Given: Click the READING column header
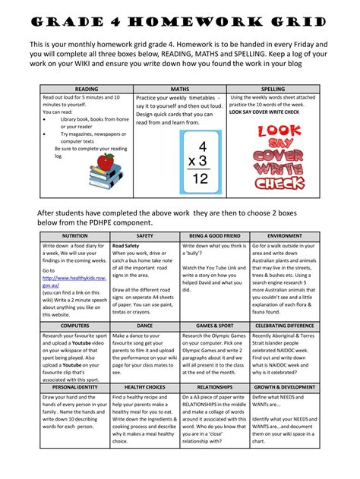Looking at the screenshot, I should [87, 90].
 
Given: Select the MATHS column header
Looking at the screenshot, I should [180, 90].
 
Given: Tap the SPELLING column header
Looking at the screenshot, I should [273, 90].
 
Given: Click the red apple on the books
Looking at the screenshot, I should [106, 161].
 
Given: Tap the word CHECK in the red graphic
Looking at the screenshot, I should [279, 183].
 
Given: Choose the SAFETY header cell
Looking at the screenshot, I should [144, 237].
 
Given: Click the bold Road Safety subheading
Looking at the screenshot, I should [125, 247].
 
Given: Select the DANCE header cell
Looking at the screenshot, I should [144, 325].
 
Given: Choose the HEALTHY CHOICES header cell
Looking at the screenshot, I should [144, 387].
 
